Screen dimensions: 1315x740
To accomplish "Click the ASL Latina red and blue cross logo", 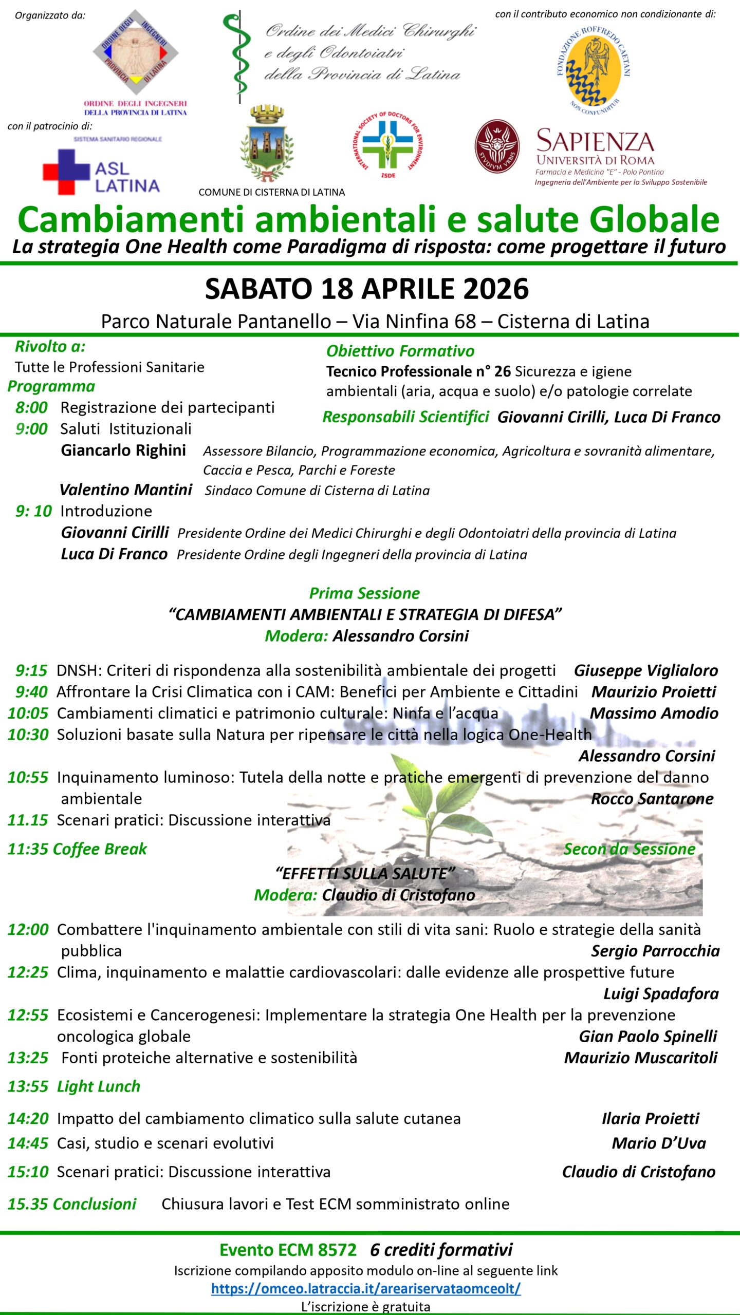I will [67, 172].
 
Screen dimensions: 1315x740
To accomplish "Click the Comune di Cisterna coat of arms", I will [267, 144].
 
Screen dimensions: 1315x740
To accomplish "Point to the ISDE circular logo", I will [388, 144].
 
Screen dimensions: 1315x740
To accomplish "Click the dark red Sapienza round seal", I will [496, 146].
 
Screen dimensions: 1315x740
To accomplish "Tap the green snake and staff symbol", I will [238, 57].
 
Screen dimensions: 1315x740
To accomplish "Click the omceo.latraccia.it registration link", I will [366, 1288].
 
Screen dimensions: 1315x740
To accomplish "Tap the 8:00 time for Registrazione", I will [31, 407].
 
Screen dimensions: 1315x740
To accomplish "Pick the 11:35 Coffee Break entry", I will [77, 849].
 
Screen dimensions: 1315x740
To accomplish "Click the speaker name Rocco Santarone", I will [652, 799].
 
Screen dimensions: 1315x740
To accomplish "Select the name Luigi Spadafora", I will [660, 993].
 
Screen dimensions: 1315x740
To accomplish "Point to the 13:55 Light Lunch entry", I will [74, 1086].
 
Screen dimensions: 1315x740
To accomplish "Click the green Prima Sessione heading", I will [364, 593].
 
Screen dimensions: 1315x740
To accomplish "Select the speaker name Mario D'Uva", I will [658, 1143].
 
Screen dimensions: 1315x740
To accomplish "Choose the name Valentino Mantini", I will [126, 490].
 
